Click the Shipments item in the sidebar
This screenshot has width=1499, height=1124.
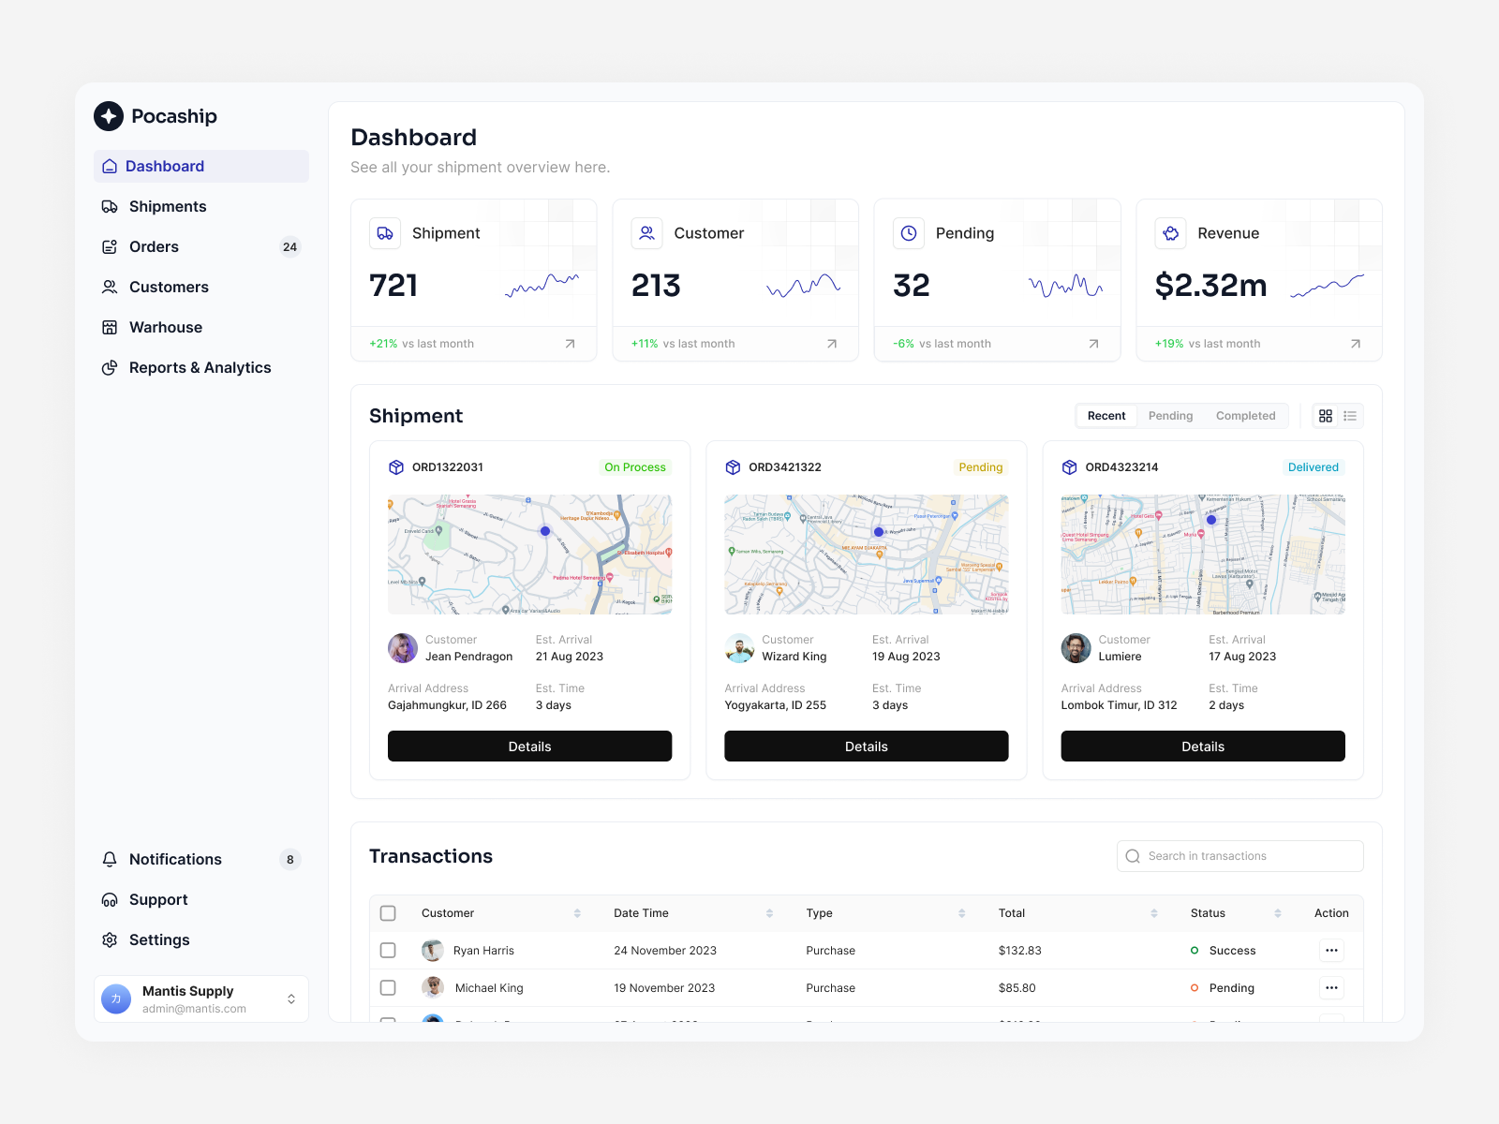167,206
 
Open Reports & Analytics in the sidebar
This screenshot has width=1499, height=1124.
200,367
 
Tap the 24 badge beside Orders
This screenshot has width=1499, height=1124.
289,247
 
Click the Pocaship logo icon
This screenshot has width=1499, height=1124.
109,116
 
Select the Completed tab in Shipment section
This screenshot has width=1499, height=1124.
1245,416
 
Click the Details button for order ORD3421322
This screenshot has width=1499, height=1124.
866,747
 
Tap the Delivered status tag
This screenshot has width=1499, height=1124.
1313,467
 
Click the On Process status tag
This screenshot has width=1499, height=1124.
634,467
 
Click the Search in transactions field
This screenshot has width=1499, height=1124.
1239,856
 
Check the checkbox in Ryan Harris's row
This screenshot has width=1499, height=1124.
388,951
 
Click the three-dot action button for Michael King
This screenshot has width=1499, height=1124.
1331,988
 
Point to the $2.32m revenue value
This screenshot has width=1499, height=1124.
1210,285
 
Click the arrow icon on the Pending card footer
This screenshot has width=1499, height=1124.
1093,344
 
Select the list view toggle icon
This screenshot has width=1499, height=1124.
1350,416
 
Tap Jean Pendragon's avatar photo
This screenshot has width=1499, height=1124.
403,647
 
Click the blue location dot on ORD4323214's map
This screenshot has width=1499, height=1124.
1211,520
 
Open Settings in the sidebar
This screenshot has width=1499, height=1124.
158,939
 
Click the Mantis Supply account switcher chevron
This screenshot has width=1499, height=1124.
291,999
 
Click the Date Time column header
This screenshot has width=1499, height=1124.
641,913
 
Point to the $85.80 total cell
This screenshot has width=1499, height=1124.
1017,988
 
